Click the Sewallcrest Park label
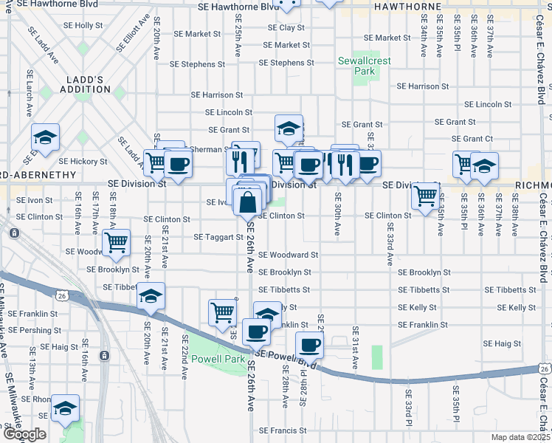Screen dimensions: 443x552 (364, 66)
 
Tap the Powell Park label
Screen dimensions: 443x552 (218, 359)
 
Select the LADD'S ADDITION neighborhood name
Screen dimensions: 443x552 (83, 84)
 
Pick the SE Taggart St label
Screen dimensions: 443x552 (218, 238)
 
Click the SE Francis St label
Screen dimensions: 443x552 (283, 430)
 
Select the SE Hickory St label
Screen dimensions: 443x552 (83, 161)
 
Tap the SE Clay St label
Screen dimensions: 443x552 (286, 28)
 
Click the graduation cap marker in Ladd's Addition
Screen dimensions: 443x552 (45, 138)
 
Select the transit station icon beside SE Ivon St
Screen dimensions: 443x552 (14, 233)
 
